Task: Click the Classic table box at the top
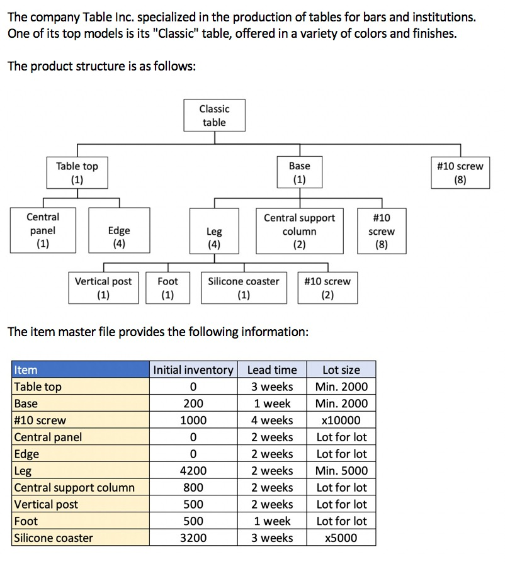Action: (214, 116)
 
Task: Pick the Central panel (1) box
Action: (43, 230)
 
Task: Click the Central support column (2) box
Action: (299, 231)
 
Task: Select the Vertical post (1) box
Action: (103, 288)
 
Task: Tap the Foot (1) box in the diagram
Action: (167, 288)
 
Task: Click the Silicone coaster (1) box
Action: (243, 288)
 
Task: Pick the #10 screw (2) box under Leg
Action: (327, 288)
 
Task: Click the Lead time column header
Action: (271, 370)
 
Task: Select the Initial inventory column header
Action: (193, 370)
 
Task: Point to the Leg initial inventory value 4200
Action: (193, 471)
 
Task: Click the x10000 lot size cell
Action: (341, 420)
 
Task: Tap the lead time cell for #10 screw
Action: (271, 420)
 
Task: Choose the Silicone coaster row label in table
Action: (54, 538)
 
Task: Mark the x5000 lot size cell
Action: (341, 538)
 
